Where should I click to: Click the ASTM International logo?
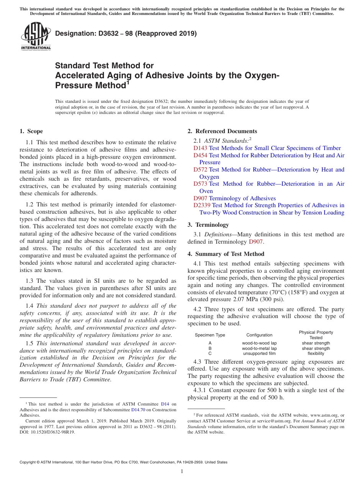click(36, 36)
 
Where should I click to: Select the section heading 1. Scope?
click(31, 131)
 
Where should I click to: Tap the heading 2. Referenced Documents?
click(222, 131)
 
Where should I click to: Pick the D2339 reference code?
click(202, 205)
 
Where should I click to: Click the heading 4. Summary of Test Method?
click(226, 254)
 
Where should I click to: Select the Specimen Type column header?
click(210, 335)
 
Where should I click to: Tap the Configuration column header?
click(259, 335)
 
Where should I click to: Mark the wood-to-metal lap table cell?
click(259, 348)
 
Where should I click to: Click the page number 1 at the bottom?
click(182, 472)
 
